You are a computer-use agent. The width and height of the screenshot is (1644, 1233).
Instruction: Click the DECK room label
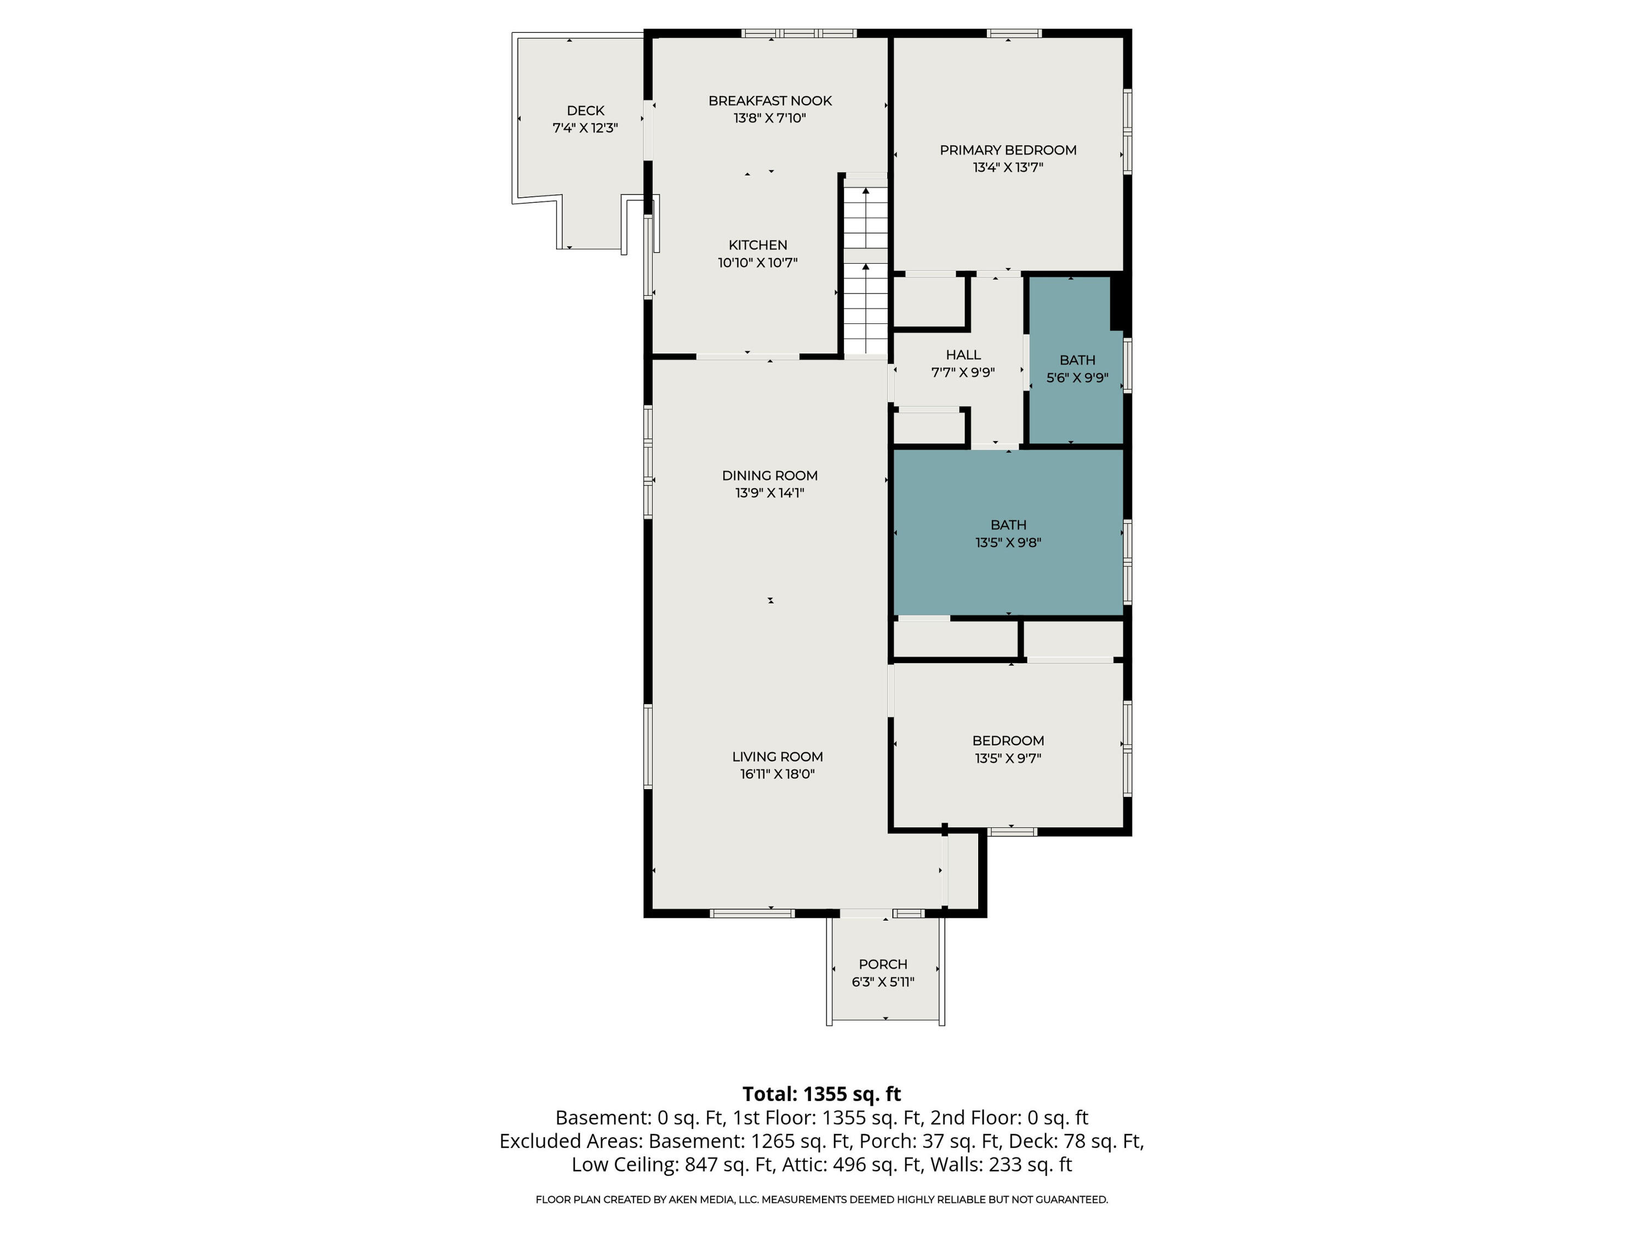pyautogui.click(x=586, y=111)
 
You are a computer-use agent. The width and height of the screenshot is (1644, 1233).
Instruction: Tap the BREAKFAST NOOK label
pyautogui.click(x=770, y=101)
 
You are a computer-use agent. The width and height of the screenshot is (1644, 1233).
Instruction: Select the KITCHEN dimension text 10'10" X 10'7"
pyautogui.click(x=757, y=262)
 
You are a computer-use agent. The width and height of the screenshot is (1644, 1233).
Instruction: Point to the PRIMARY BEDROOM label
pyautogui.click(x=1008, y=150)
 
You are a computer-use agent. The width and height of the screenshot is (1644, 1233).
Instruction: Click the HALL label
pyautogui.click(x=963, y=355)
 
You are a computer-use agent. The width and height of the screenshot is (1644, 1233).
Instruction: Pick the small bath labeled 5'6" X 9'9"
pyautogui.click(x=1077, y=369)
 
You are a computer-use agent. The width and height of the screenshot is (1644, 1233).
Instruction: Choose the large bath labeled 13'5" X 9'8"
pyautogui.click(x=1008, y=534)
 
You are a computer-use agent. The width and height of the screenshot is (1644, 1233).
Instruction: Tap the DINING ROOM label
pyautogui.click(x=770, y=476)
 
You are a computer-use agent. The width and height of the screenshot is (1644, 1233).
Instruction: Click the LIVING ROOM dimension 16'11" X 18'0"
pyautogui.click(x=778, y=774)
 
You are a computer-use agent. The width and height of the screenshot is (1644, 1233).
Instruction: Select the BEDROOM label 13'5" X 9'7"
pyautogui.click(x=1008, y=749)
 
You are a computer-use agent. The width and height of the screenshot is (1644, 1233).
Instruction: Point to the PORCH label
pyautogui.click(x=883, y=964)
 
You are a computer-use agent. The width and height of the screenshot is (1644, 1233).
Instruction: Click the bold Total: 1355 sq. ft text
pyautogui.click(x=822, y=1094)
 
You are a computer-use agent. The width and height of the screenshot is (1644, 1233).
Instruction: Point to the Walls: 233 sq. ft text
pyautogui.click(x=1030, y=1164)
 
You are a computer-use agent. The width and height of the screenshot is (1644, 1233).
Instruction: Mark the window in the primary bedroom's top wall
pyautogui.click(x=1014, y=33)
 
